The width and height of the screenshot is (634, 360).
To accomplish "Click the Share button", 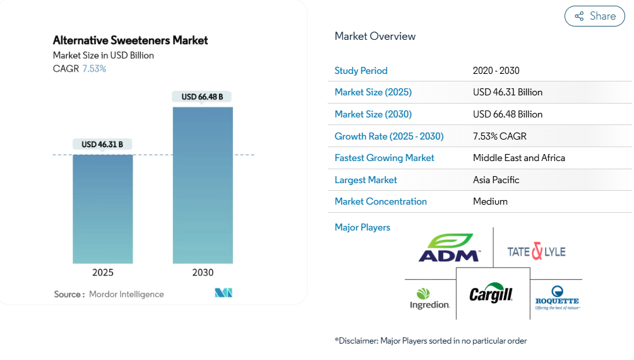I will [x=594, y=16].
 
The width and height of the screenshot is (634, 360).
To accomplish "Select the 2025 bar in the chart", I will [x=102, y=208].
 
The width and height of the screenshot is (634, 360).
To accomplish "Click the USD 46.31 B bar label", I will [x=102, y=145].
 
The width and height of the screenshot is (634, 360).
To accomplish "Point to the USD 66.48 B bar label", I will [x=202, y=97].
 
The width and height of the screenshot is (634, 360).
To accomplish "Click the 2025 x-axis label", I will [x=102, y=273].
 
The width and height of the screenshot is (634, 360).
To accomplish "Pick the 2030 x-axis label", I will [x=203, y=273].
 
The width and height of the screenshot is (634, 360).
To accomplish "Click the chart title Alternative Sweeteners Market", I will [x=130, y=40].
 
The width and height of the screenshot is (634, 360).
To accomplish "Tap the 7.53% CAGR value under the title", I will [x=94, y=68].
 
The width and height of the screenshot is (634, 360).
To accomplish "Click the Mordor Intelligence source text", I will [x=126, y=294].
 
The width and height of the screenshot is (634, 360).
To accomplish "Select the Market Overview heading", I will [x=375, y=36].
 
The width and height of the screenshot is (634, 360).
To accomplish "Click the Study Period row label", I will [x=361, y=71].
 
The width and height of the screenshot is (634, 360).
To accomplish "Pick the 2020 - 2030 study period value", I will [x=496, y=71].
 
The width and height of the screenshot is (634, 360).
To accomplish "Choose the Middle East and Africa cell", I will [x=519, y=158].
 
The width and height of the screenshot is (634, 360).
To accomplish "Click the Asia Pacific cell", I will [x=496, y=180].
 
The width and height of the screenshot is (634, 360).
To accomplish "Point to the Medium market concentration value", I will [x=490, y=201].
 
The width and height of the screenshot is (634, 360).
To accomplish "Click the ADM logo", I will [x=450, y=248].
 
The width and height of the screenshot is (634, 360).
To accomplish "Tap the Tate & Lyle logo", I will [x=536, y=251].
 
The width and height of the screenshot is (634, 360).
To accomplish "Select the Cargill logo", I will [x=491, y=294].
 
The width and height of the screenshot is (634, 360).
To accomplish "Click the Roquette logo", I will [x=557, y=297].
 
